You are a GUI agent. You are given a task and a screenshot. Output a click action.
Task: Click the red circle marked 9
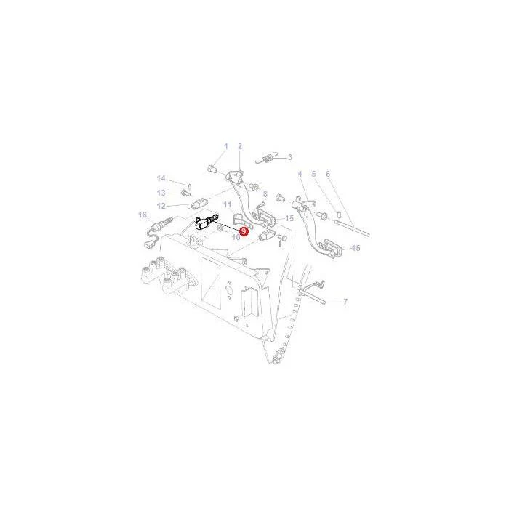tap(244, 231)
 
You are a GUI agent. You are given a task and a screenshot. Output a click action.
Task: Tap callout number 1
tap(226, 146)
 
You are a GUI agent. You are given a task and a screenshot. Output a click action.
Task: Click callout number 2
tap(240, 146)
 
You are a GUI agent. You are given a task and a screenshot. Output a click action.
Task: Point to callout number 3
tap(290, 157)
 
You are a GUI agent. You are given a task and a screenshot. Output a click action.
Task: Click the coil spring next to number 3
tap(268, 159)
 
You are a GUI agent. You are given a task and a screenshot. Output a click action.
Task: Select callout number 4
tap(300, 174)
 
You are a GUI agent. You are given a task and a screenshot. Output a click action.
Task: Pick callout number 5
tap(313, 174)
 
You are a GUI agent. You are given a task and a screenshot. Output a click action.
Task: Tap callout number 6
tap(328, 174)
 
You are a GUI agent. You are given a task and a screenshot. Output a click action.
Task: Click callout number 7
tap(345, 302)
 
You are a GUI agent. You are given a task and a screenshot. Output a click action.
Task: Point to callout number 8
tap(265, 194)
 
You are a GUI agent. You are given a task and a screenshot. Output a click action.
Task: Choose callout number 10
tap(236, 237)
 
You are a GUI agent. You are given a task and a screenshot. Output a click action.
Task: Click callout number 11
tap(227, 205)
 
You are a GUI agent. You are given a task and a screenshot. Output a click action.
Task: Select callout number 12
tap(161, 206)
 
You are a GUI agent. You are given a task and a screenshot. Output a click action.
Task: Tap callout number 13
tap(161, 193)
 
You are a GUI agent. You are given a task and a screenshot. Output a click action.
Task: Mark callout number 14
tap(161, 178)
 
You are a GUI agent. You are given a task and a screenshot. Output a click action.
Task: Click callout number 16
tap(143, 215)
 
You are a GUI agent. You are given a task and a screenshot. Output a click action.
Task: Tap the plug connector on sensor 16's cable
tap(149, 244)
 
